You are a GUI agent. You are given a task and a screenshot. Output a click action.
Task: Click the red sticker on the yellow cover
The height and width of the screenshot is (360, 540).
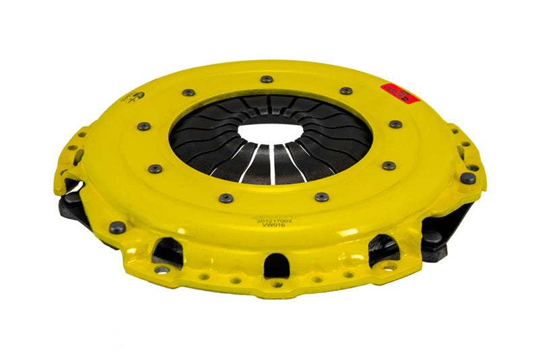click(400, 93)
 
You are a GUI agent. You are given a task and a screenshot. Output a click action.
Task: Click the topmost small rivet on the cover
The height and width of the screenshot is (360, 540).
click(267, 79)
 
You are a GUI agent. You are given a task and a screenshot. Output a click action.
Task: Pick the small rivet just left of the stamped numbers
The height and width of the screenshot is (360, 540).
click(226, 198)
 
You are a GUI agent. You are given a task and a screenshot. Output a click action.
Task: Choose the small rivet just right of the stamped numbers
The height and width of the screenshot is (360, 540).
click(322, 197)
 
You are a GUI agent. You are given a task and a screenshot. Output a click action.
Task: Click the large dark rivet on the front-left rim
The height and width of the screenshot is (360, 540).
click(117, 228)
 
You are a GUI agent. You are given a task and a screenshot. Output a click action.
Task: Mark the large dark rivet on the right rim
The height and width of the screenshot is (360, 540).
click(467, 178)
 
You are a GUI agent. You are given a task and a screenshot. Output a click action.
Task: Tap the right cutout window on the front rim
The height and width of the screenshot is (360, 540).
click(383, 247)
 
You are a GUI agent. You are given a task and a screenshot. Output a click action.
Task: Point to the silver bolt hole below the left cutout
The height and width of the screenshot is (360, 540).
click(161, 269)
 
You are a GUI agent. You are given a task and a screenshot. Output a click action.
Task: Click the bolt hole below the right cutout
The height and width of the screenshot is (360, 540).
click(389, 267)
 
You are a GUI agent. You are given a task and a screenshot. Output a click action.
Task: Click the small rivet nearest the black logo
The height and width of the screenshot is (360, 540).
click(144, 126)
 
